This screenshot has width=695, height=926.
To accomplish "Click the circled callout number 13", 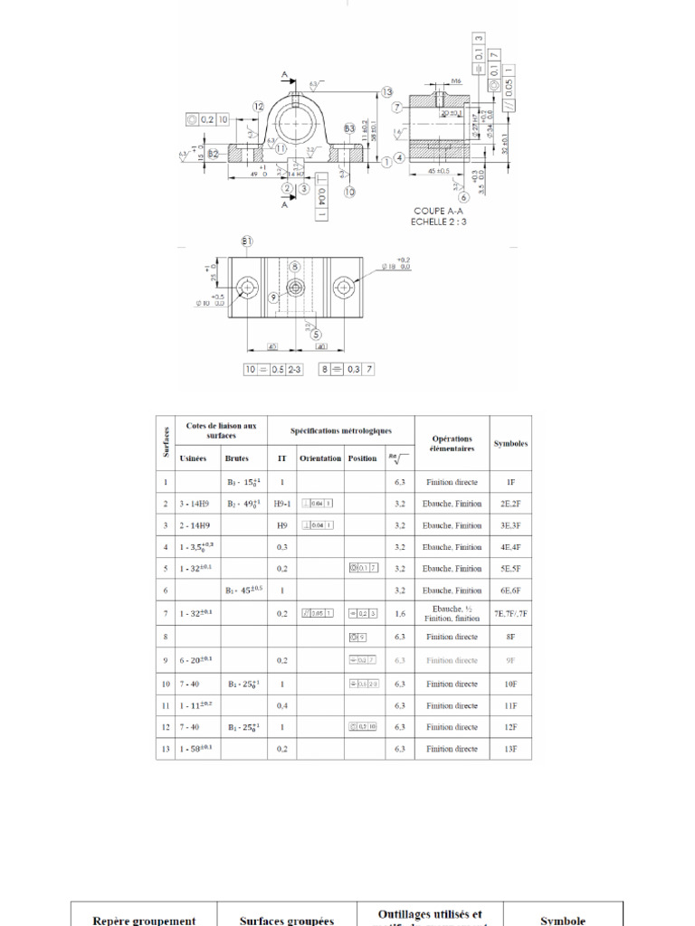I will tap(387, 92).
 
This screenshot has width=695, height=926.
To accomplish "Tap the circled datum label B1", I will tap(247, 241).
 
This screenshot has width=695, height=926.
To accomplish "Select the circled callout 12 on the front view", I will tap(259, 107).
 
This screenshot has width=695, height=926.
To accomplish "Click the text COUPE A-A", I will tap(440, 211).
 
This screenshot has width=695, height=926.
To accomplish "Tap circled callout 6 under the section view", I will tap(462, 196).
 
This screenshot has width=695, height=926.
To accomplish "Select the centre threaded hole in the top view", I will tap(295, 288).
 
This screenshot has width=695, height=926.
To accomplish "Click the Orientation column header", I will tap(320, 458).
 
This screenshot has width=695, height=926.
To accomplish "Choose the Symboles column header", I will tap(510, 444).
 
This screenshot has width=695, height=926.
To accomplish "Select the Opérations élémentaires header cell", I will tap(452, 443).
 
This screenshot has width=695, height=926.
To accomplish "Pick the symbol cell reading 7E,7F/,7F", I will tap(510, 613).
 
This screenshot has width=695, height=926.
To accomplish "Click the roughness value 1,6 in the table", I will tap(399, 613).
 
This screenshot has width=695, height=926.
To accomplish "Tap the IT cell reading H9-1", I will tap(282, 504).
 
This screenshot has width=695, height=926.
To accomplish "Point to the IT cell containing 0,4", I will tap(282, 705).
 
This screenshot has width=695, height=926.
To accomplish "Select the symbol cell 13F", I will tap(510, 749).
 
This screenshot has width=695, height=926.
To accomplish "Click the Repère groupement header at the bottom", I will tap(144, 921).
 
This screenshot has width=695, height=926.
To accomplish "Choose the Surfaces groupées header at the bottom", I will tap(287, 921).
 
